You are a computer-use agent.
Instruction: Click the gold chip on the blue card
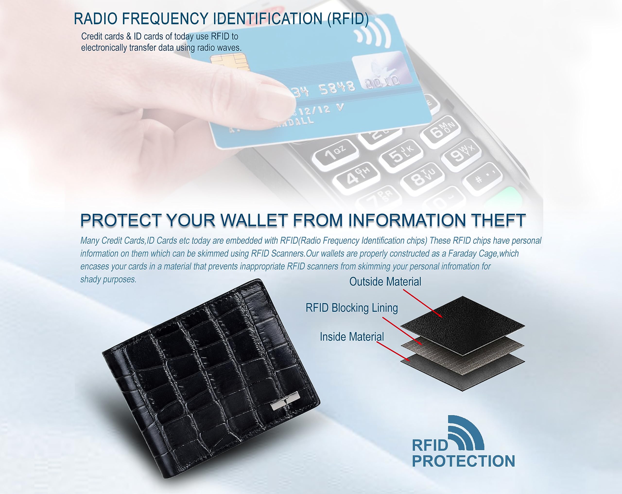(230, 62)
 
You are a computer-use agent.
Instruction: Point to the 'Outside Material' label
(385, 281)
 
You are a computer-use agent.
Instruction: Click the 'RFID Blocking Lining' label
(352, 308)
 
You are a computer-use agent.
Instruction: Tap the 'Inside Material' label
(352, 337)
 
